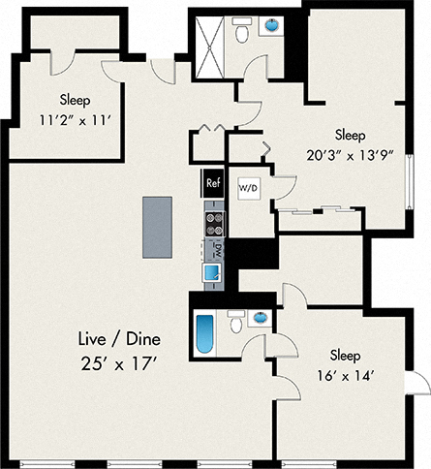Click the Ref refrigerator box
pyautogui.click(x=213, y=181)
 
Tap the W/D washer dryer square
pyautogui.click(x=248, y=187)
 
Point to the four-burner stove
pyautogui.click(x=213, y=224)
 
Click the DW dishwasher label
pyautogui.click(x=213, y=250)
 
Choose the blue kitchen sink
pyautogui.click(x=213, y=272)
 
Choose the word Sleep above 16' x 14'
pyautogui.click(x=345, y=354)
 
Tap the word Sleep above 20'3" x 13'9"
pyautogui.click(x=351, y=133)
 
